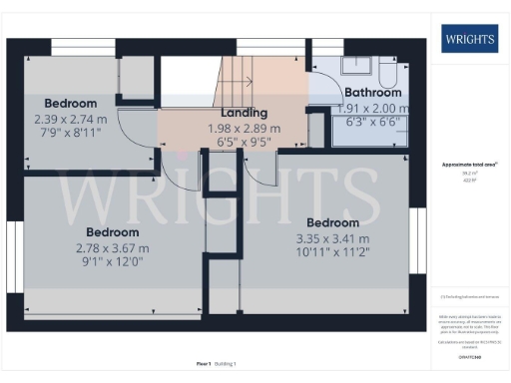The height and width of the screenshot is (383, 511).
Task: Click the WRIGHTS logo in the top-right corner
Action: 469,40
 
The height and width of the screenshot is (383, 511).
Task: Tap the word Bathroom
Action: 371,93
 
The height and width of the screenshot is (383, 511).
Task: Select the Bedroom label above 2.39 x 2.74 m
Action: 71,103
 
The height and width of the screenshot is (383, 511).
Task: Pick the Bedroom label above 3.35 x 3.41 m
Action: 332,221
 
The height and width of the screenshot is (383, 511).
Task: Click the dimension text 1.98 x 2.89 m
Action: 244,129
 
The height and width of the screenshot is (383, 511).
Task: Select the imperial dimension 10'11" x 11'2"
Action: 332,254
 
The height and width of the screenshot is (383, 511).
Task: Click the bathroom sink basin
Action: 354,66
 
